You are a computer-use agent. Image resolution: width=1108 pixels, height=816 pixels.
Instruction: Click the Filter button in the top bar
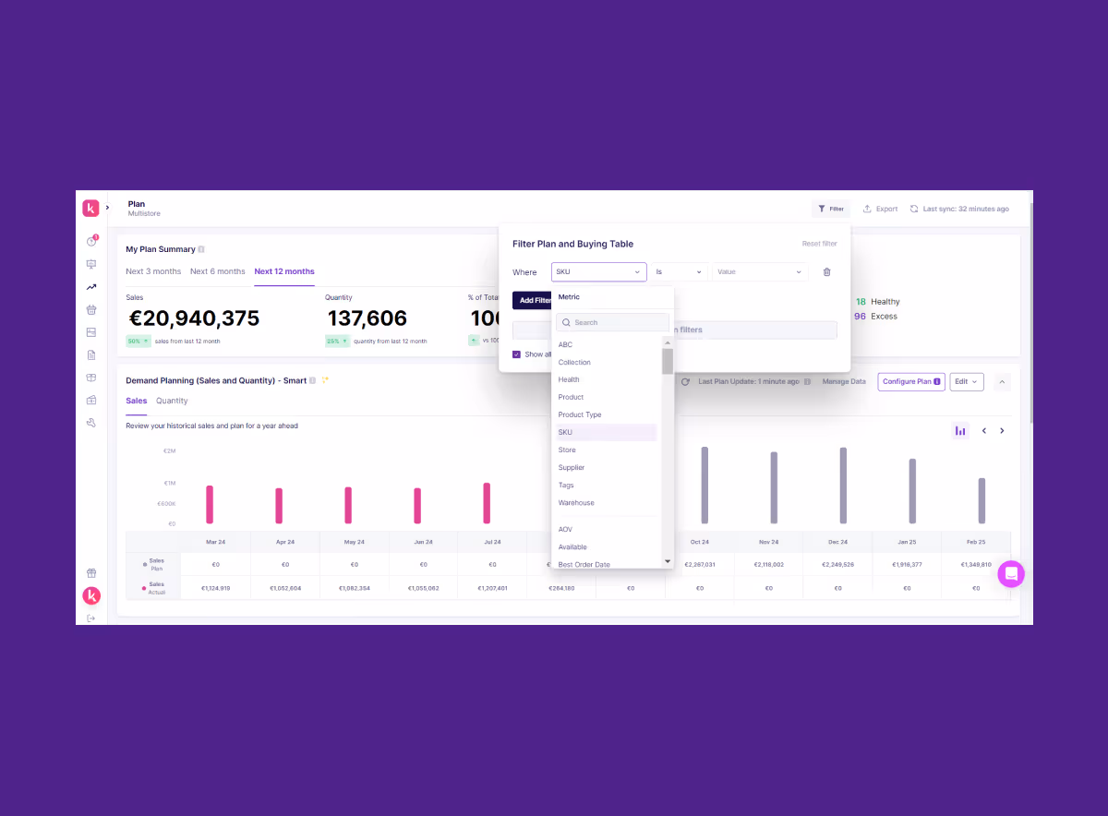click(x=831, y=209)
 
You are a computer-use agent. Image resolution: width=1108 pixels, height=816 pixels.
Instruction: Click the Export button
click(x=880, y=209)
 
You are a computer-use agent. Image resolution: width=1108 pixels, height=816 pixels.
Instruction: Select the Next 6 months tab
click(x=218, y=271)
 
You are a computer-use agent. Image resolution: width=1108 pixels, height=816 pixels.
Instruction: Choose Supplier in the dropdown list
click(x=572, y=468)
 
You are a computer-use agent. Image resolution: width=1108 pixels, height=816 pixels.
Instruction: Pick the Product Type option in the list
click(x=580, y=414)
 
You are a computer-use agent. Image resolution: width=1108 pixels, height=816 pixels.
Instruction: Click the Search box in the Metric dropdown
click(x=612, y=323)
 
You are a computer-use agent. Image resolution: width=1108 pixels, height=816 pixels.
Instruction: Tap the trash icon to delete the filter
click(x=826, y=272)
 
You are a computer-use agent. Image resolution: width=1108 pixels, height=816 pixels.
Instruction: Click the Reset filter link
click(x=819, y=244)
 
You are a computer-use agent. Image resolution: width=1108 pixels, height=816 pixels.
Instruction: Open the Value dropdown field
click(x=759, y=272)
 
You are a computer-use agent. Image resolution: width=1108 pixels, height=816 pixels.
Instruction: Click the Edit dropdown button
click(x=967, y=381)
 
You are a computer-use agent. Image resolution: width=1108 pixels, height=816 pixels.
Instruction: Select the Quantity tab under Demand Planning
click(x=172, y=401)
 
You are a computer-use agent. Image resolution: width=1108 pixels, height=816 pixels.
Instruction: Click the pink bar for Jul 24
click(x=487, y=503)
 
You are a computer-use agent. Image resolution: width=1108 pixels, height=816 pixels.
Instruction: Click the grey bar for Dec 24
click(x=843, y=486)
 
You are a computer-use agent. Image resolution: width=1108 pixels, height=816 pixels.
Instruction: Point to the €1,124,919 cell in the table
click(x=215, y=588)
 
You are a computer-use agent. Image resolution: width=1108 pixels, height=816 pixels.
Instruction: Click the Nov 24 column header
click(x=768, y=542)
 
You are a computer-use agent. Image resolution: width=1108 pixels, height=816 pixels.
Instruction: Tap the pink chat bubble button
click(x=1011, y=574)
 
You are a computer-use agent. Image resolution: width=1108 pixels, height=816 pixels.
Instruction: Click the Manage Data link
click(x=844, y=381)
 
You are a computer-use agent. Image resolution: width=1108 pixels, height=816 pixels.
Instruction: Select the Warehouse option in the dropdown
click(x=576, y=503)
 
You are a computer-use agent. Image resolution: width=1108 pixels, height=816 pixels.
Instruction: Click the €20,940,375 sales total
click(x=194, y=319)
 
